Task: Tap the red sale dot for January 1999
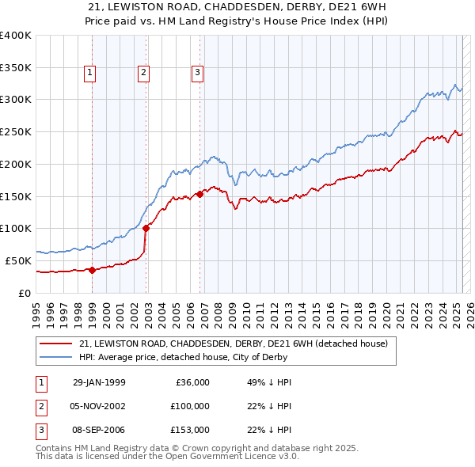[x=92, y=270]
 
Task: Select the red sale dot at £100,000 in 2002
[x=146, y=229]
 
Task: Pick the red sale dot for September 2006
[x=199, y=194]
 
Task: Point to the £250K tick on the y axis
[x=16, y=131]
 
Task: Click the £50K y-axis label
[x=19, y=260]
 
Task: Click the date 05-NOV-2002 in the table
[x=99, y=406]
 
